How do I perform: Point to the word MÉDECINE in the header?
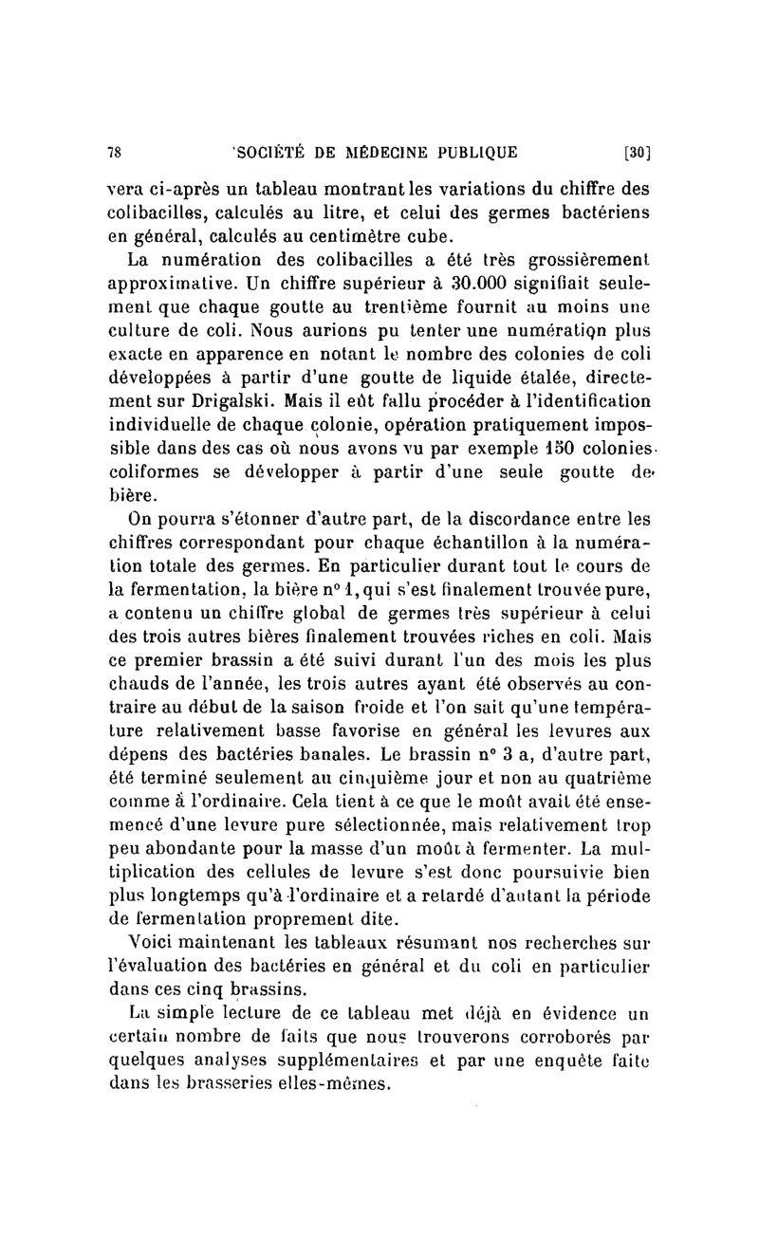coord(379,150)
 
